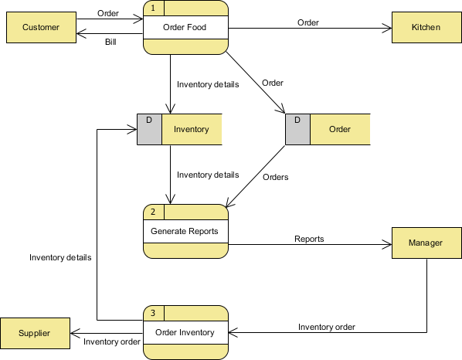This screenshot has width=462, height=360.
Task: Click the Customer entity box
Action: tap(40, 28)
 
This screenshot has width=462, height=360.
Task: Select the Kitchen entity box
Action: tap(426, 28)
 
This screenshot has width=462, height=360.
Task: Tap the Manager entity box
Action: tap(426, 243)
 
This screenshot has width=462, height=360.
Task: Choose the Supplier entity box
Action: tap(35, 333)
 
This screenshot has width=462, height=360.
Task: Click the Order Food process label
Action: tap(185, 28)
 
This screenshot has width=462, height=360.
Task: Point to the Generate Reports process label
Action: tap(185, 231)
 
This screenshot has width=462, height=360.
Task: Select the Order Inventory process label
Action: tap(185, 333)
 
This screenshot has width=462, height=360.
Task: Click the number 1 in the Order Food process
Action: tap(153, 8)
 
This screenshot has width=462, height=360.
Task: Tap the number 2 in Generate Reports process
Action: tap(153, 212)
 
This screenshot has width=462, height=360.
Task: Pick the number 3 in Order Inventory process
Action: tap(153, 313)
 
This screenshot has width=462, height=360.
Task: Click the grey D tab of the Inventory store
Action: tap(149, 129)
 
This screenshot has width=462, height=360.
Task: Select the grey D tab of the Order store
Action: tap(297, 129)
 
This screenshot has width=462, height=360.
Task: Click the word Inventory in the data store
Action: tap(192, 129)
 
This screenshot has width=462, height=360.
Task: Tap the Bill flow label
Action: tap(111, 42)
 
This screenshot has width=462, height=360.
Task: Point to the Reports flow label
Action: tap(309, 239)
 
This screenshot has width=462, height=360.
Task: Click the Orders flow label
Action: tap(275, 177)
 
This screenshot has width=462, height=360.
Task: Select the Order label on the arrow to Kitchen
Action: tap(308, 22)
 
